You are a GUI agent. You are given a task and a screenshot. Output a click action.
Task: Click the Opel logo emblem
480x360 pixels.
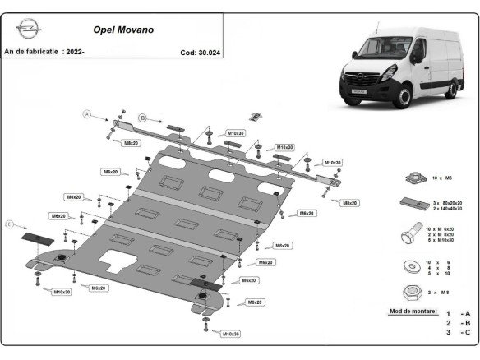[x=27, y=30]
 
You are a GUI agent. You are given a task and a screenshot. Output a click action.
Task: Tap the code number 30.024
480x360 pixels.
[x=201, y=52]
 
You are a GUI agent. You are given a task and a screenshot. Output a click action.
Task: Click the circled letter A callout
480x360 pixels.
[x=85, y=114]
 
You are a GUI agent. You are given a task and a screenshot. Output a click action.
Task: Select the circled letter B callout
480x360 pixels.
[x=141, y=118]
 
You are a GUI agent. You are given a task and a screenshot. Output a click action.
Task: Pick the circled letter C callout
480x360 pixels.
[x=10, y=224]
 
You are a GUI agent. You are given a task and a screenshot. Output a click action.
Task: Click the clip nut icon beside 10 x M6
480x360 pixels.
[x=413, y=177]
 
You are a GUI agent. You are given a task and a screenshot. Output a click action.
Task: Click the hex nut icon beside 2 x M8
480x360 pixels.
[x=413, y=293]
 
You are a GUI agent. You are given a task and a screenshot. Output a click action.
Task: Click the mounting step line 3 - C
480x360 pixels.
[x=458, y=332]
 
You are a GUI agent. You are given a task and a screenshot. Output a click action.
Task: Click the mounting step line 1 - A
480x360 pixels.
[x=458, y=314]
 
